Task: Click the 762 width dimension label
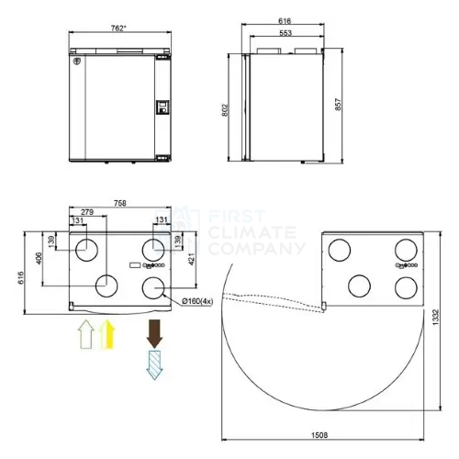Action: click(118, 28)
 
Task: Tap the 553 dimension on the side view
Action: click(285, 33)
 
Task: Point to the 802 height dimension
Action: click(225, 110)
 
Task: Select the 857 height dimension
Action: click(338, 105)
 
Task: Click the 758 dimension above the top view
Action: click(120, 203)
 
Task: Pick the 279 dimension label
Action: click(87, 212)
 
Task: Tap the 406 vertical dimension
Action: click(39, 259)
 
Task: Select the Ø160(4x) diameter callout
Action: click(197, 301)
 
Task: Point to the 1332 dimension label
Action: click(436, 318)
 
